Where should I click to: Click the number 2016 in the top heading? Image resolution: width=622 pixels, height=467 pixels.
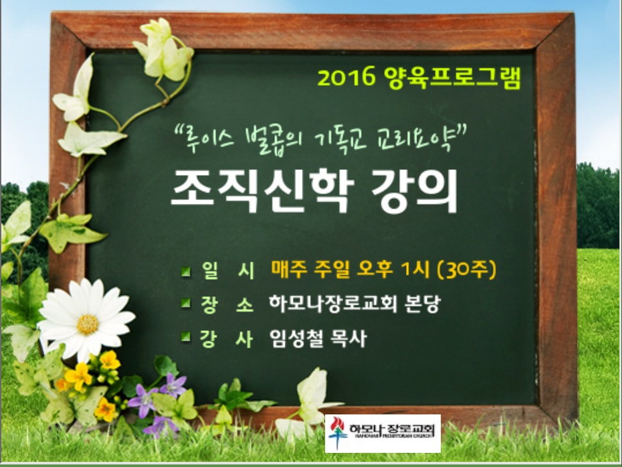coord(346,76)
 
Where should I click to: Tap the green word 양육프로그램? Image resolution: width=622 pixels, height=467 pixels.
coord(452,77)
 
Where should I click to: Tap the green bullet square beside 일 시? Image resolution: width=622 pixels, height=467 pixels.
coord(185,272)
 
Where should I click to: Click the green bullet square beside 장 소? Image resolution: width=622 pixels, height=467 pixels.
coord(185,303)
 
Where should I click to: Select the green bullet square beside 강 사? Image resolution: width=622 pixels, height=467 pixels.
coord(185,337)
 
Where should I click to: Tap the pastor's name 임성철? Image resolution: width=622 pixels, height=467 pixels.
coord(296,338)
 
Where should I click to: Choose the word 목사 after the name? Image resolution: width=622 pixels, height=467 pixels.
coord(348,338)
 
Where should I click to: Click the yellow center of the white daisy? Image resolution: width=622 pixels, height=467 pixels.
coord(87,325)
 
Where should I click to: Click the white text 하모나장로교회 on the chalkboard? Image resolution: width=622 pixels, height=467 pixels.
coord(333,303)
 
